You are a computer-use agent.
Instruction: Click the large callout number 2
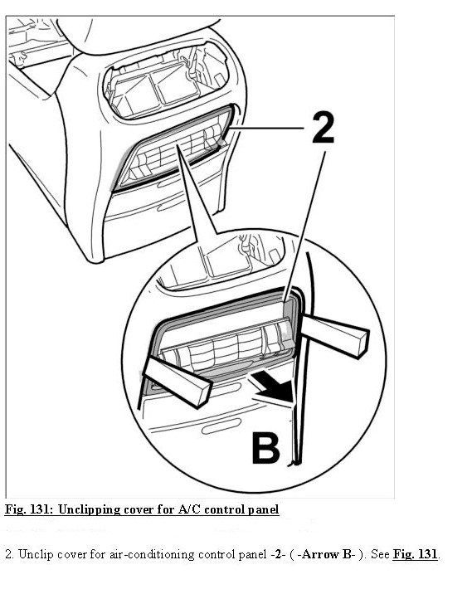324,128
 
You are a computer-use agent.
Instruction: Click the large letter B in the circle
265,449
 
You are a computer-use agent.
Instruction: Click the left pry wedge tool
177,380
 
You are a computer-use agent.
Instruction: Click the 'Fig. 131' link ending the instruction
416,554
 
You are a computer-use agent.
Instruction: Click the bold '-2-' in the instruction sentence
278,554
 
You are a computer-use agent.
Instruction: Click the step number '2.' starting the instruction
9,554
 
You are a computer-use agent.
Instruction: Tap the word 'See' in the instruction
380,554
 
